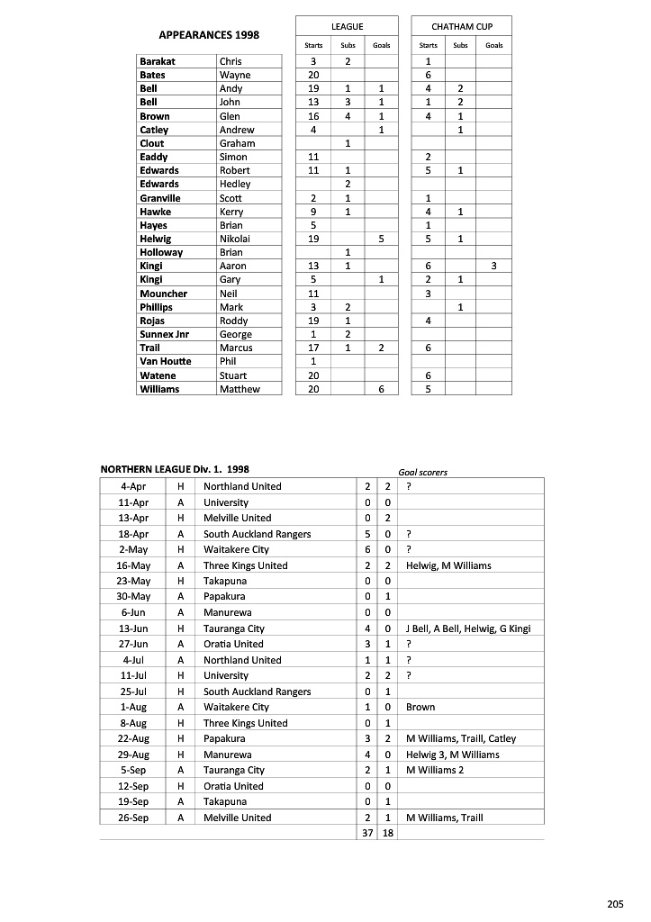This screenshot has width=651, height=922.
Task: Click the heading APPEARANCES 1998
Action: click(x=208, y=35)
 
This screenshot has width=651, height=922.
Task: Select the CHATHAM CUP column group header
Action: click(x=461, y=28)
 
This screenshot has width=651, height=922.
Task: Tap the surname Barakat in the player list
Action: click(x=158, y=61)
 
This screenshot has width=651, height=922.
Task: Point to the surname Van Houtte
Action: click(x=166, y=362)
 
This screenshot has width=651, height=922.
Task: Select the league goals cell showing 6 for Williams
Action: click(x=381, y=389)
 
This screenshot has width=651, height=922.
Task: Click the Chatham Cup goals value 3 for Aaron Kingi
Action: click(x=493, y=266)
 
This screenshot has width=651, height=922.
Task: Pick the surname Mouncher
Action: click(x=163, y=294)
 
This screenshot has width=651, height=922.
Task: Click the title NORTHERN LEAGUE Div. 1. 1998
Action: click(x=175, y=469)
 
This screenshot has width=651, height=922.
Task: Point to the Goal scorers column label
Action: click(x=422, y=472)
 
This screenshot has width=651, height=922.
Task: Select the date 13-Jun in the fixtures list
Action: click(x=132, y=628)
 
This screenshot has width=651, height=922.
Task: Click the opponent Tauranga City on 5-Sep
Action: click(x=234, y=771)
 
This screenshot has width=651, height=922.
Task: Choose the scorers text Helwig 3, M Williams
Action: click(x=453, y=755)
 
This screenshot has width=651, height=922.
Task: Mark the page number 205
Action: click(x=615, y=903)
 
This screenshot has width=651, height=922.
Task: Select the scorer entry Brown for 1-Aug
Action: click(x=420, y=708)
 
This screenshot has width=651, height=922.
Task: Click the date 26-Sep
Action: click(x=133, y=818)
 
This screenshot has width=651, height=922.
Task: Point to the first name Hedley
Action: click(x=235, y=184)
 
